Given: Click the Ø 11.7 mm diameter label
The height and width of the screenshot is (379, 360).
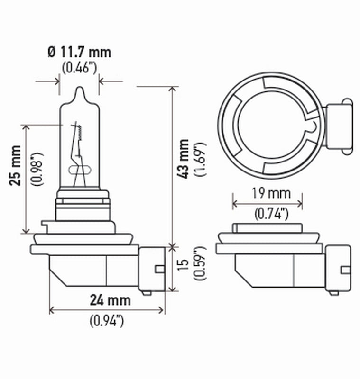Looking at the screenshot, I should tap(79, 51).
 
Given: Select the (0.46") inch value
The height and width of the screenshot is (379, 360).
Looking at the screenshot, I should tap(79, 67).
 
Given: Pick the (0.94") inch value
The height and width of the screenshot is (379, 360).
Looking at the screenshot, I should tap(107, 321).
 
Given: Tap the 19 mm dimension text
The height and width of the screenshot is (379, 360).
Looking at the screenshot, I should tap(268, 193).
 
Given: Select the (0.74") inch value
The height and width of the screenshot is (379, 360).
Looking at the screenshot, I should tap(268, 214).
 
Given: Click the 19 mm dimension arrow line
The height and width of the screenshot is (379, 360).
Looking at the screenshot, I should tap(268, 204).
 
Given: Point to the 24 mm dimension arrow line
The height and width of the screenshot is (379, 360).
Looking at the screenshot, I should tap(107, 310).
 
